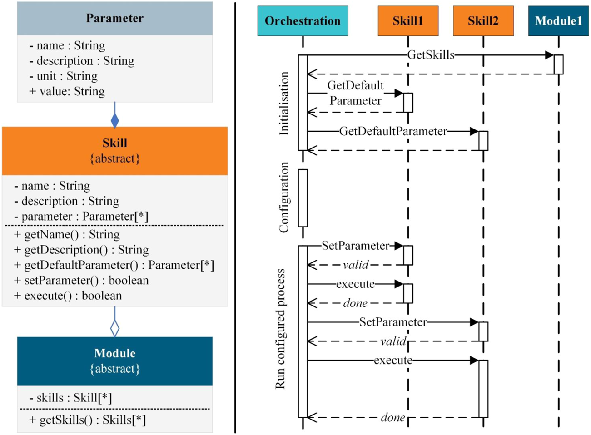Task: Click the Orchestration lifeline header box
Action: tap(303, 21)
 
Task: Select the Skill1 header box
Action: tap(408, 21)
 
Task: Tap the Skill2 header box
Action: tap(483, 21)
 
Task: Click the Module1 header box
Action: tap(558, 21)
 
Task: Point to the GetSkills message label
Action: tap(431, 55)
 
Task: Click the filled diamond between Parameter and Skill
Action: tap(115, 120)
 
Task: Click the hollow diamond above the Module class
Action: tap(115, 327)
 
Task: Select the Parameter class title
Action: tap(115, 18)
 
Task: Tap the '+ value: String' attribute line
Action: tap(67, 91)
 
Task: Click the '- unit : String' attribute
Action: tap(63, 76)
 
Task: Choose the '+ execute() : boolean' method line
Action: tap(68, 296)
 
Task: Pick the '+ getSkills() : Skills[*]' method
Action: tap(88, 420)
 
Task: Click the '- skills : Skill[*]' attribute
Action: tap(70, 398)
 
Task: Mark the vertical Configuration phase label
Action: tap(284, 198)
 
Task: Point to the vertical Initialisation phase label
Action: tap(284, 104)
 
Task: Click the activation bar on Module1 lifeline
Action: tap(559, 64)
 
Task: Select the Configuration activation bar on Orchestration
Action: tap(303, 198)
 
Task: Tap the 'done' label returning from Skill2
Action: tap(392, 417)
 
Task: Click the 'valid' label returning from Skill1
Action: tap(355, 265)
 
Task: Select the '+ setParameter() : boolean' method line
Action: tap(81, 280)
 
